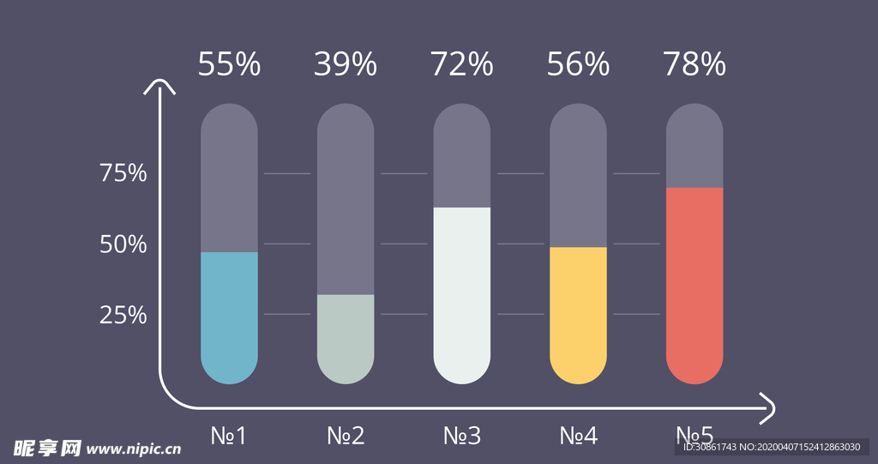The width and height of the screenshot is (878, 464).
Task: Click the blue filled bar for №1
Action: tap(229, 317)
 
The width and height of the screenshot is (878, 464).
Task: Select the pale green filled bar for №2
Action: tap(346, 339)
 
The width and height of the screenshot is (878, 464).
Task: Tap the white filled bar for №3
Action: tap(462, 295)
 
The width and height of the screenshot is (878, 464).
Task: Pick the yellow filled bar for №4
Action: tap(578, 315)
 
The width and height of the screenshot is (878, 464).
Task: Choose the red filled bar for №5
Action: tap(695, 285)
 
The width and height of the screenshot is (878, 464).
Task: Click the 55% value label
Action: tap(229, 65)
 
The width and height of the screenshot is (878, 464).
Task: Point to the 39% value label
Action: tap(346, 65)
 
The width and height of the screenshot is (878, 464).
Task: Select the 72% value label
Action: tap(462, 65)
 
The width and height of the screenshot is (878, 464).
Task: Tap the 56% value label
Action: tap(578, 65)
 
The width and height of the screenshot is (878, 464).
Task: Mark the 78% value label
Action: tap(695, 65)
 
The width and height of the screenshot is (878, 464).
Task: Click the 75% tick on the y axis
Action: tap(123, 174)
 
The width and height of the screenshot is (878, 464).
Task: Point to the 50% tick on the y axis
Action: tap(123, 245)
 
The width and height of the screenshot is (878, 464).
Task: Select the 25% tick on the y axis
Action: tap(123, 316)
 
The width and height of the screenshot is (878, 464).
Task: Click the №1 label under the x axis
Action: tap(229, 436)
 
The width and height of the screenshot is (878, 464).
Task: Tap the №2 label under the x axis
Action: tap(346, 436)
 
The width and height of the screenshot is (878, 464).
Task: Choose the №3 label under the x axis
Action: tap(462, 436)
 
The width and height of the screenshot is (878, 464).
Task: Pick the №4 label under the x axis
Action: tap(578, 436)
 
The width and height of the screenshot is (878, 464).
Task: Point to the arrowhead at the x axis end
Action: tap(769, 409)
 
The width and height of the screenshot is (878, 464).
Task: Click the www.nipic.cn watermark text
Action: tap(135, 449)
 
